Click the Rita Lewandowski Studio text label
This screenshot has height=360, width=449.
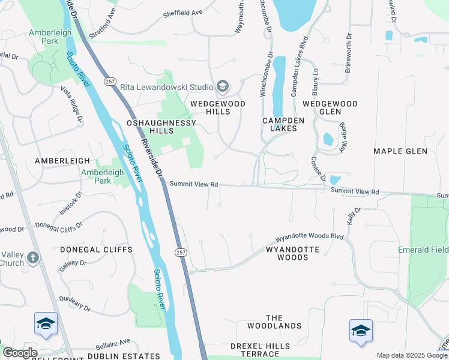(x=167, y=87)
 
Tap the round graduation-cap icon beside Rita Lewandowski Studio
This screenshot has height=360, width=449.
(x=223, y=87)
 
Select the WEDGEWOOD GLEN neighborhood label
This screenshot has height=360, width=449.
(x=330, y=107)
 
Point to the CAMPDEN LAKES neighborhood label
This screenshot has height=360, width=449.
(x=283, y=124)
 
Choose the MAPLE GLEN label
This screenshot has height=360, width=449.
(x=400, y=151)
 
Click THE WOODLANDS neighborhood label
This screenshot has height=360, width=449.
(x=274, y=322)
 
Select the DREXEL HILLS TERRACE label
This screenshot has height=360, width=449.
(x=260, y=350)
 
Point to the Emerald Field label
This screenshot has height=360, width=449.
(x=426, y=250)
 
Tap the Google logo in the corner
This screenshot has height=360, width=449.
(x=20, y=353)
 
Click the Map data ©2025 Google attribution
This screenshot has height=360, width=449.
(x=411, y=355)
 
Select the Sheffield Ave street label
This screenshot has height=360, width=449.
(x=184, y=12)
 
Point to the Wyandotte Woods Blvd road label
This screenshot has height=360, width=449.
(x=309, y=237)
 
